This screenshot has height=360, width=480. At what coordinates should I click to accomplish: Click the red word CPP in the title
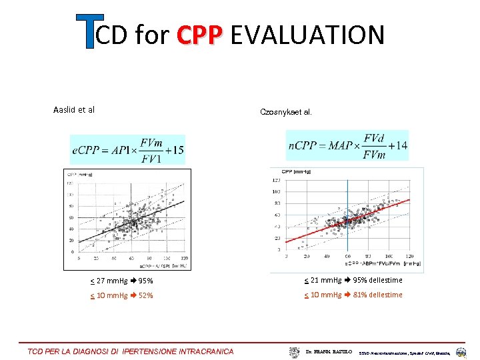tap(199, 35)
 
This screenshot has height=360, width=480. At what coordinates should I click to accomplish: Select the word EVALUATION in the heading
tap(307, 35)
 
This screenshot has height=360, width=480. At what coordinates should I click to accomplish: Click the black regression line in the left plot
tap(133, 220)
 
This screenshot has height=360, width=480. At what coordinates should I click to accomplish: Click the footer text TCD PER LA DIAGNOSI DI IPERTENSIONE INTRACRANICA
tap(131, 351)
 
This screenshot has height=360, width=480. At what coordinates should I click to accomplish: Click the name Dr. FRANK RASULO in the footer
tap(329, 351)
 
